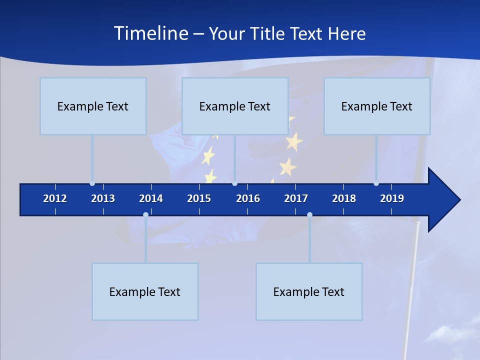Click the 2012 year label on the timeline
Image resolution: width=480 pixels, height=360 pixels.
coord(55,198)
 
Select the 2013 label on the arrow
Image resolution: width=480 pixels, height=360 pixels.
coord(103,198)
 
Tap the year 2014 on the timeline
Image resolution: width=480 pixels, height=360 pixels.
coord(151,198)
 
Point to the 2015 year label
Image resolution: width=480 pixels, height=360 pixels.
coord(199,198)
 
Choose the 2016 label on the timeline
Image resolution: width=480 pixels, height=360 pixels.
coord(248,198)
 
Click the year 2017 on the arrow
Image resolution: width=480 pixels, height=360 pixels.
coord(296,198)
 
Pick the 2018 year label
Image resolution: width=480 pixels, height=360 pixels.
coord(344,198)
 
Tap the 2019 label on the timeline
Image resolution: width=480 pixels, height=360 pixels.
coord(392,198)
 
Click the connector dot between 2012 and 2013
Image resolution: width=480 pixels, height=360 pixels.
coord(92,183)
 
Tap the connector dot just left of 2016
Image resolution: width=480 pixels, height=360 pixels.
coord(234,183)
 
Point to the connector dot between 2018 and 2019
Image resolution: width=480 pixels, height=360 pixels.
coord(376,183)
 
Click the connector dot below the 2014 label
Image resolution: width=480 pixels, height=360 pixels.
coord(145,215)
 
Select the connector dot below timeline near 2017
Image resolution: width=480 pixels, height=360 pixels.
coord(309,215)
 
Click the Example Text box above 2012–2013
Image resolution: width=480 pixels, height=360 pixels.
coord(93,106)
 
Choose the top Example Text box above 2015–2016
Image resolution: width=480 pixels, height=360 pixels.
coord(235,106)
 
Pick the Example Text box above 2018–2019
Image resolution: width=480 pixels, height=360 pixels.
coord(377,106)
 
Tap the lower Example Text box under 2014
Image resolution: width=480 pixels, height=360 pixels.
coord(145,291)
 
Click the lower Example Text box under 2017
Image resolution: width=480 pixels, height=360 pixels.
coord(309,291)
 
